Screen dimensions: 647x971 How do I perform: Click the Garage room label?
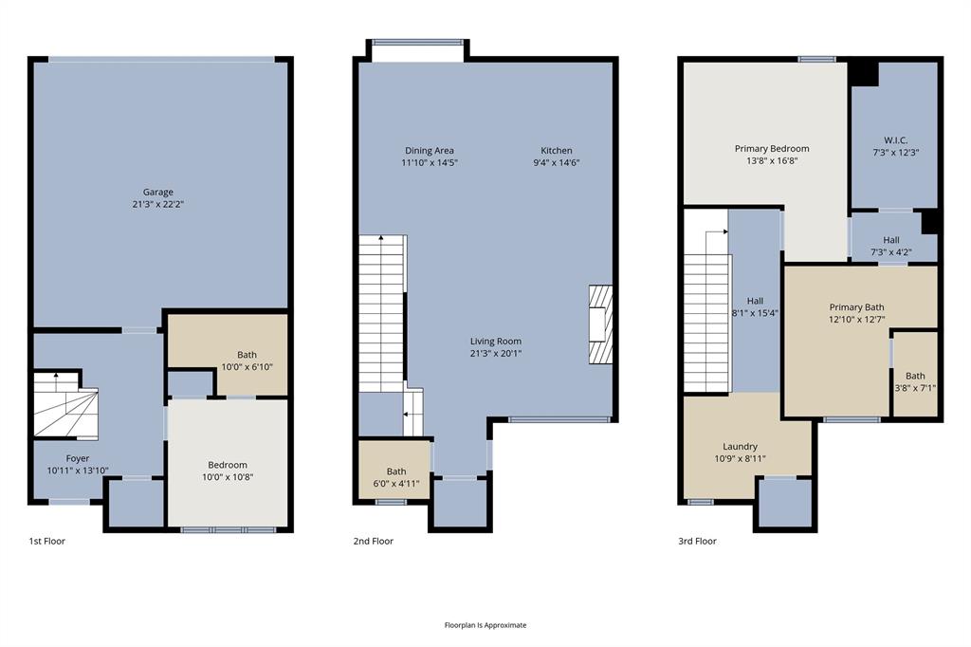click(x=158, y=193)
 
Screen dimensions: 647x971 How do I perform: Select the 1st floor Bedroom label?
click(x=228, y=465)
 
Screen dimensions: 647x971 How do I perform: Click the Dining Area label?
click(x=430, y=151)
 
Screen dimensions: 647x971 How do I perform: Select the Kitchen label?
click(x=557, y=151)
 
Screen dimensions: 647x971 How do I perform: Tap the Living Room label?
click(x=496, y=342)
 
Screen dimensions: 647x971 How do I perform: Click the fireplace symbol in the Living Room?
click(x=600, y=324)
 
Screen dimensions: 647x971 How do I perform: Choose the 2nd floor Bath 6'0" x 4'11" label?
click(x=395, y=471)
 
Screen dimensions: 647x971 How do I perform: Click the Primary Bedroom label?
click(x=772, y=149)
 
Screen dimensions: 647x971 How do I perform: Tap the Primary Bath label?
click(x=856, y=307)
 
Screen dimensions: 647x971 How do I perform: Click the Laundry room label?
click(x=740, y=446)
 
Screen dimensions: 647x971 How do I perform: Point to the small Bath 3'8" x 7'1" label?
click(x=914, y=376)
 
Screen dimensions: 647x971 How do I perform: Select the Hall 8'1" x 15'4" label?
click(x=755, y=301)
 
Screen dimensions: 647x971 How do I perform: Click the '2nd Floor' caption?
click(x=373, y=541)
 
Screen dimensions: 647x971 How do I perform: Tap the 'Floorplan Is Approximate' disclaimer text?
click(x=485, y=625)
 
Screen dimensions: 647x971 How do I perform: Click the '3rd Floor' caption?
click(x=697, y=541)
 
